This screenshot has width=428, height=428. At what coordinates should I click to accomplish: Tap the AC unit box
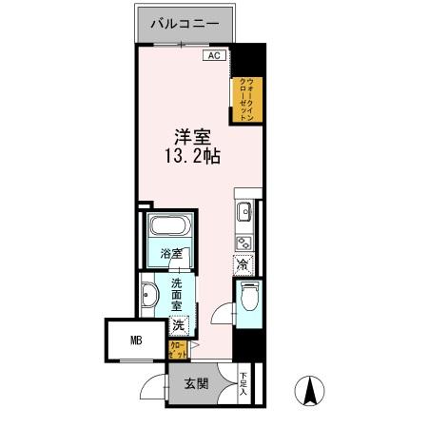tap(214, 55)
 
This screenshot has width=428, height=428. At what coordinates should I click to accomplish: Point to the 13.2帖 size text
tap(186, 156)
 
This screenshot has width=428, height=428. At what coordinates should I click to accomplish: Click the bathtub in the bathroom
tap(170, 229)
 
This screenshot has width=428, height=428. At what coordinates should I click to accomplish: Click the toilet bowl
tap(249, 298)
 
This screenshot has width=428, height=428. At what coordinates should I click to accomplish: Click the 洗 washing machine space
tap(179, 325)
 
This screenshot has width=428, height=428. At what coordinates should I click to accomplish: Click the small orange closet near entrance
tap(177, 351)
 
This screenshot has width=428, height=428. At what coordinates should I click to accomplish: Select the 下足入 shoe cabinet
tap(244, 382)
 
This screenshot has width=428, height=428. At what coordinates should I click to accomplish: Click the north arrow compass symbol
tap(309, 390)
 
